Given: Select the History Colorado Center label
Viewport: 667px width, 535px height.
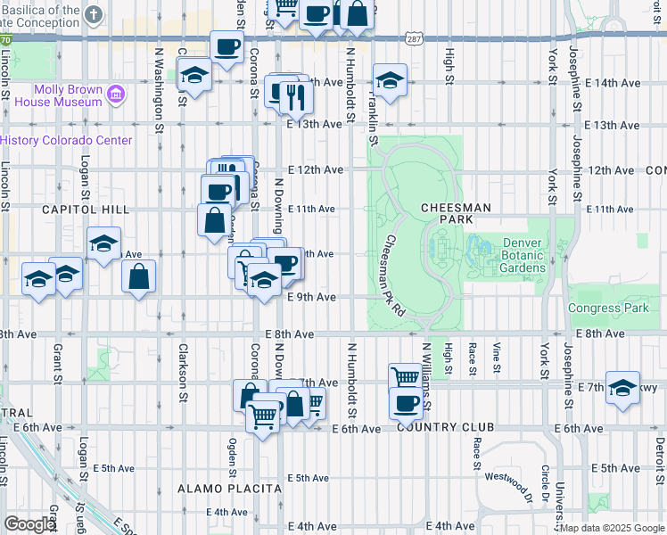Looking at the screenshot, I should [x=66, y=140].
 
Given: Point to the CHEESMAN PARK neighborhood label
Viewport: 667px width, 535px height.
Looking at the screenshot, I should [x=457, y=213].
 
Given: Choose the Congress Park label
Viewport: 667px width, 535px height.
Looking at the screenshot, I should [x=606, y=308].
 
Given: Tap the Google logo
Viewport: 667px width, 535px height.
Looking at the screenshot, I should [x=29, y=524].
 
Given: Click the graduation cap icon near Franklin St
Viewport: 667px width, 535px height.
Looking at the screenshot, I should [x=390, y=81].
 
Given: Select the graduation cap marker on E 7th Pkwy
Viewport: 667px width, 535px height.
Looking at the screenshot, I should [x=622, y=388].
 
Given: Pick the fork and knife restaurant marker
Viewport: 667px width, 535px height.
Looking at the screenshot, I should [x=296, y=96].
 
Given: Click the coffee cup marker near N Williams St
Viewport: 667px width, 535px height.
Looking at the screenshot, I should [x=406, y=403].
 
